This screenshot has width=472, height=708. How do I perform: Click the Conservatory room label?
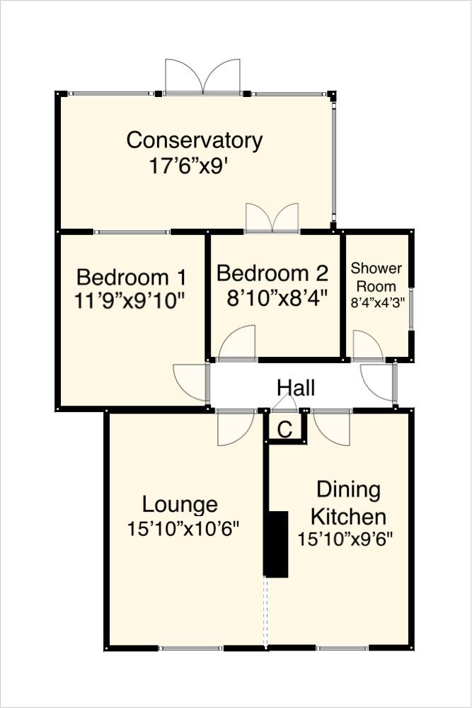tap(194, 140)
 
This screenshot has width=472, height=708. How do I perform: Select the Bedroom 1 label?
tap(131, 276)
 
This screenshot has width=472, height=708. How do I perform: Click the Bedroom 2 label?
tap(272, 273)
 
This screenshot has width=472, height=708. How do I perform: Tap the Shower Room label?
tap(376, 277)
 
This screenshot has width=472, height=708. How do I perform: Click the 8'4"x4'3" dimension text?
tap(376, 302)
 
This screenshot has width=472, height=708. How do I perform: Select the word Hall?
tap(296, 388)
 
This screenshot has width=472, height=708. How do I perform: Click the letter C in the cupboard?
tap(284, 429)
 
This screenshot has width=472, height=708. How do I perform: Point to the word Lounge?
tap(180, 505)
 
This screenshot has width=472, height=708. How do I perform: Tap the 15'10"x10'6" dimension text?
tap(183, 529)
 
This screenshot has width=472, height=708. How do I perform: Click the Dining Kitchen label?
tap(348, 502)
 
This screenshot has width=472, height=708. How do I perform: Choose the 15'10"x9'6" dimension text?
tap(345, 539)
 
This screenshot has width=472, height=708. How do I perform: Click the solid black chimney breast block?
tap(276, 544)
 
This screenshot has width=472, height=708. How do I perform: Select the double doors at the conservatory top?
tap(202, 77)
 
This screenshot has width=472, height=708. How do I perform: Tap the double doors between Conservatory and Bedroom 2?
tap(272, 219)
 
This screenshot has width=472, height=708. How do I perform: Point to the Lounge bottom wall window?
tap(190, 648)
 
